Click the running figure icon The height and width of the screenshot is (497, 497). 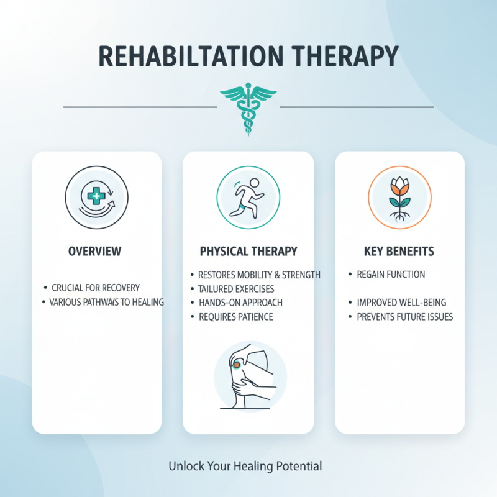(x=248, y=194)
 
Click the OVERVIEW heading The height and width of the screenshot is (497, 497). (x=95, y=252)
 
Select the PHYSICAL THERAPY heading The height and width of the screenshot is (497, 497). (x=248, y=252)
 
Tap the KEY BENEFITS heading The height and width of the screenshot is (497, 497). (x=399, y=252)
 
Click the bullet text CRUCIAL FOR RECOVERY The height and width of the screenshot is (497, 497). (x=96, y=288)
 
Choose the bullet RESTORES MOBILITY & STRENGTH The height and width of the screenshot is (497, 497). (x=258, y=275)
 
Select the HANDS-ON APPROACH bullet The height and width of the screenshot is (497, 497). (x=240, y=303)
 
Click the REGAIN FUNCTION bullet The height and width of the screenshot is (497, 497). (x=391, y=274)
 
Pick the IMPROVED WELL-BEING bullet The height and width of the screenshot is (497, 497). (x=401, y=303)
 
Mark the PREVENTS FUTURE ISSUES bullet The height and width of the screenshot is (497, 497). (x=404, y=317)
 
